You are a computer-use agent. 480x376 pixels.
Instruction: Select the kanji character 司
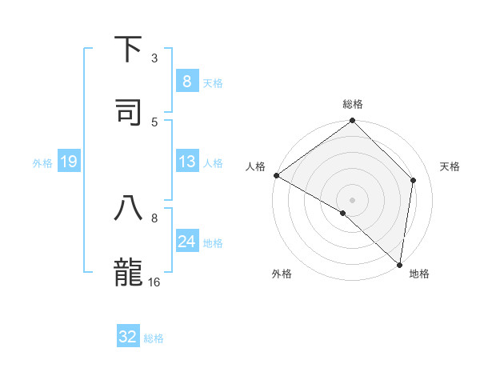(129, 111)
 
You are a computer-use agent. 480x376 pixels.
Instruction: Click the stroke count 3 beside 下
(154, 58)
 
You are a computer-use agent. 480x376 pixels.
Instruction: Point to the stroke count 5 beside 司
(154, 122)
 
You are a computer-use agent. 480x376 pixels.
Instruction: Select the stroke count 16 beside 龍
(154, 282)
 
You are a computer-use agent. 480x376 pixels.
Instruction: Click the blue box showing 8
(186, 81)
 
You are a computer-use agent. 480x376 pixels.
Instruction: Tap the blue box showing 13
(186, 162)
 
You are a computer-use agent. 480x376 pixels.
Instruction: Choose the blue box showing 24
(186, 241)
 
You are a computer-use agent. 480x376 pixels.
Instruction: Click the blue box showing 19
(69, 162)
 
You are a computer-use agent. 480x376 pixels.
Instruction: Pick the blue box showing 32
(128, 337)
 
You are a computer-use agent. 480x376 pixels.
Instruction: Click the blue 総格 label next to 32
(154, 338)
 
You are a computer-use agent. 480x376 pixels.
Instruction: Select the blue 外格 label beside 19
(42, 163)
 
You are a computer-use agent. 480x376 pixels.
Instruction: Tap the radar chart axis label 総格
(353, 104)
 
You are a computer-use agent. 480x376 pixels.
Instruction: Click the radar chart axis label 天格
(450, 166)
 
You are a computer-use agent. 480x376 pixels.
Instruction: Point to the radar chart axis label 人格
(255, 166)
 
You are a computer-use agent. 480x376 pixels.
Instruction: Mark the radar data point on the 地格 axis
(399, 264)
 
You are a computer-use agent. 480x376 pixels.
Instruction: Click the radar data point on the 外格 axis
(343, 213)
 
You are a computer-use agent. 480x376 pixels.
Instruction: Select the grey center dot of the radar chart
(353, 199)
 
